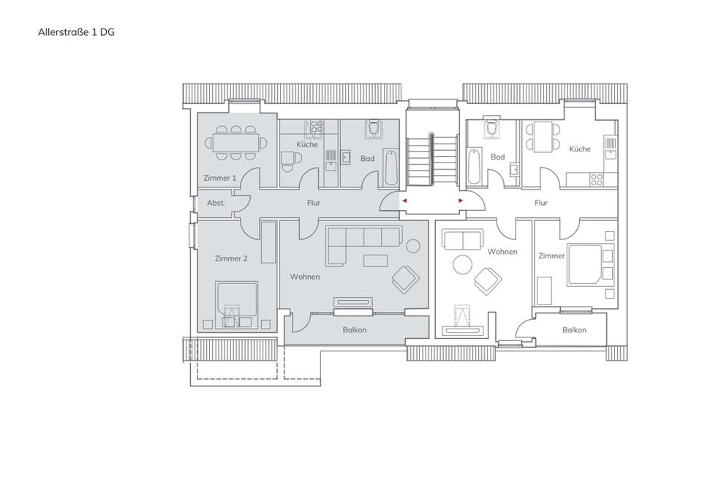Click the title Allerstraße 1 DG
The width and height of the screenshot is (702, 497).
76,32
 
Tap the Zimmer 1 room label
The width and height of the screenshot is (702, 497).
219,178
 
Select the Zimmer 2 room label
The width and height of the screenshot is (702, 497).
231,258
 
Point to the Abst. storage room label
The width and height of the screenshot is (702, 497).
216,203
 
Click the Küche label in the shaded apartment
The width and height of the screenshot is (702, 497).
307,144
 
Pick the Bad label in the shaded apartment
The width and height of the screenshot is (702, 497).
368,159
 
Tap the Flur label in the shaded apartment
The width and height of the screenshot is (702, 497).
314,203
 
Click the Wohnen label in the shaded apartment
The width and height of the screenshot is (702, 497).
305,277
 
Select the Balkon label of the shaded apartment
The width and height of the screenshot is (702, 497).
355,330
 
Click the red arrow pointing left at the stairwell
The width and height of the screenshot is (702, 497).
404,201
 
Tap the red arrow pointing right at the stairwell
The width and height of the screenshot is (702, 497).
461,201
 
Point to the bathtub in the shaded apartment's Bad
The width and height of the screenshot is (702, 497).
390,168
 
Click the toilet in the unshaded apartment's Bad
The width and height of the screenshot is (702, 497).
491,127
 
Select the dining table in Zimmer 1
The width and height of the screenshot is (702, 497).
235,143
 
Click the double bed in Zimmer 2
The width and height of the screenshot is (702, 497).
236,304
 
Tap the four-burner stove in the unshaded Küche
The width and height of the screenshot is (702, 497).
597,180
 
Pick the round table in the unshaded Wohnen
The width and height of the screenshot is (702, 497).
462,265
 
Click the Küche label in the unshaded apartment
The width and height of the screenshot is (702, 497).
580,149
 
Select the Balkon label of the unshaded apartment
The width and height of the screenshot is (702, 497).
575,330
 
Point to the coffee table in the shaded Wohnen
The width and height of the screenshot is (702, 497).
376,261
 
